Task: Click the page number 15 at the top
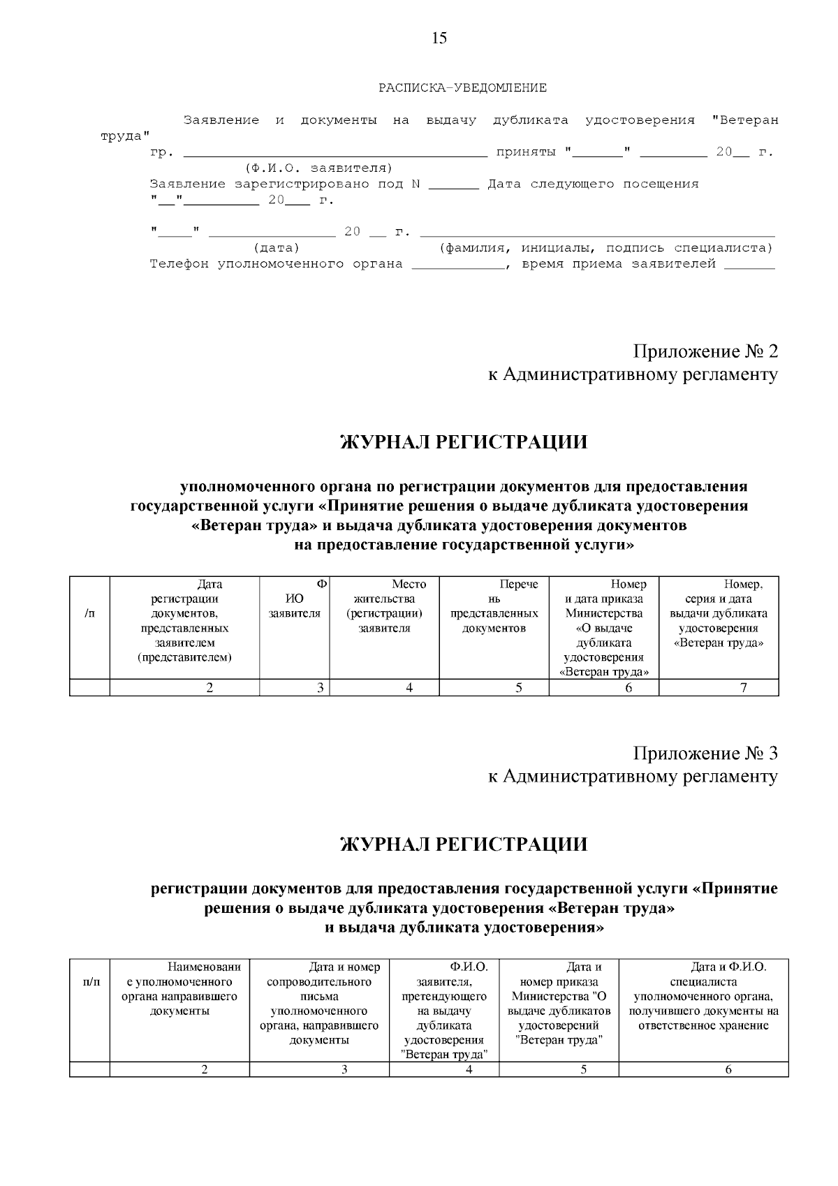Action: tap(439, 38)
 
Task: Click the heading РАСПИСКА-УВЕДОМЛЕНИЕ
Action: tap(462, 88)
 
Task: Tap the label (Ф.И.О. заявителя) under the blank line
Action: tap(318, 168)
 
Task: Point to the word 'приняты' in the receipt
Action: tap(525, 152)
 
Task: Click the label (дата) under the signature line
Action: tap(277, 248)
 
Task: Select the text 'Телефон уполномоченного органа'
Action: tap(277, 264)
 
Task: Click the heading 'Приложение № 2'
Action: tap(705, 350)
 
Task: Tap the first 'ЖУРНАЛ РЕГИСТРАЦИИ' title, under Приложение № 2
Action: tap(464, 442)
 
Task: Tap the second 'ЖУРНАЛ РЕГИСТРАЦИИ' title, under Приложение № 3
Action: tap(464, 844)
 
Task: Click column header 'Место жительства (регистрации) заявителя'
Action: tap(384, 606)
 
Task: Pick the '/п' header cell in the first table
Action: tap(89, 613)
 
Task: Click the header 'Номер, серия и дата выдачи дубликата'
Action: tap(719, 613)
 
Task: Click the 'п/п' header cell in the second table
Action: tap(91, 982)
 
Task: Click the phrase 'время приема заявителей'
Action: tap(619, 264)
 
